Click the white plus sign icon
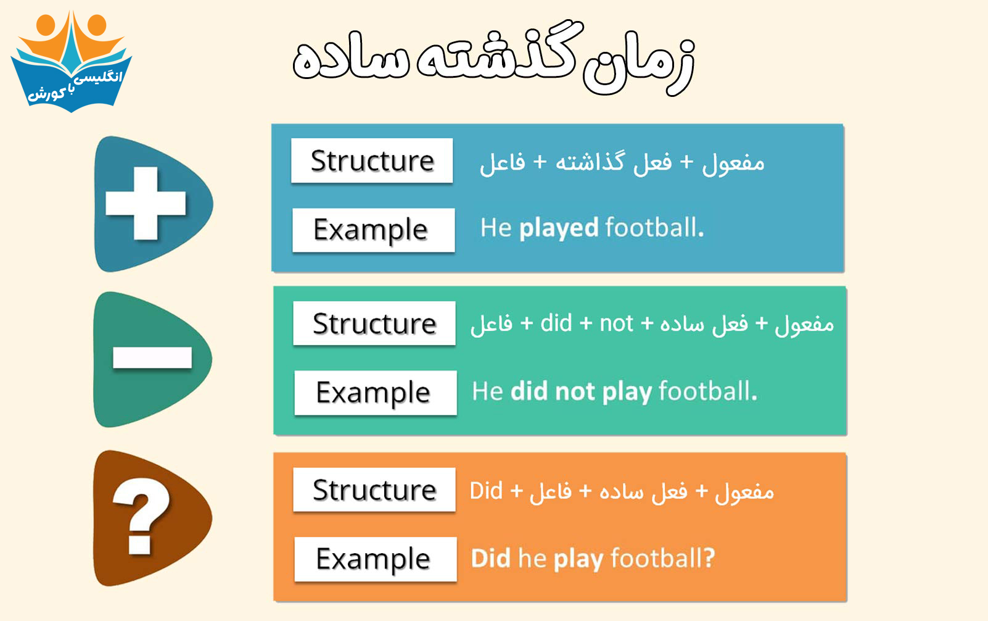[x=146, y=203]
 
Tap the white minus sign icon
[x=152, y=358]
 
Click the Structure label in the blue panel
[x=372, y=160]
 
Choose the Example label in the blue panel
[x=373, y=230]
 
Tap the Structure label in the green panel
[x=374, y=323]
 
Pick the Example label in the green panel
[x=375, y=393]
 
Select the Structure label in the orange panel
[x=374, y=490]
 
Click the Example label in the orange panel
[x=375, y=559]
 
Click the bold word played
[x=559, y=228]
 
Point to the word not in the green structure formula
[x=617, y=323]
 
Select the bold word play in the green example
[x=627, y=392]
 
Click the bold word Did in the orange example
[x=490, y=558]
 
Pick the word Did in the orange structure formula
[x=486, y=491]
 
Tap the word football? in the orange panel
[x=663, y=558]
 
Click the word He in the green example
[x=488, y=391]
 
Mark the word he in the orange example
[x=532, y=558]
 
